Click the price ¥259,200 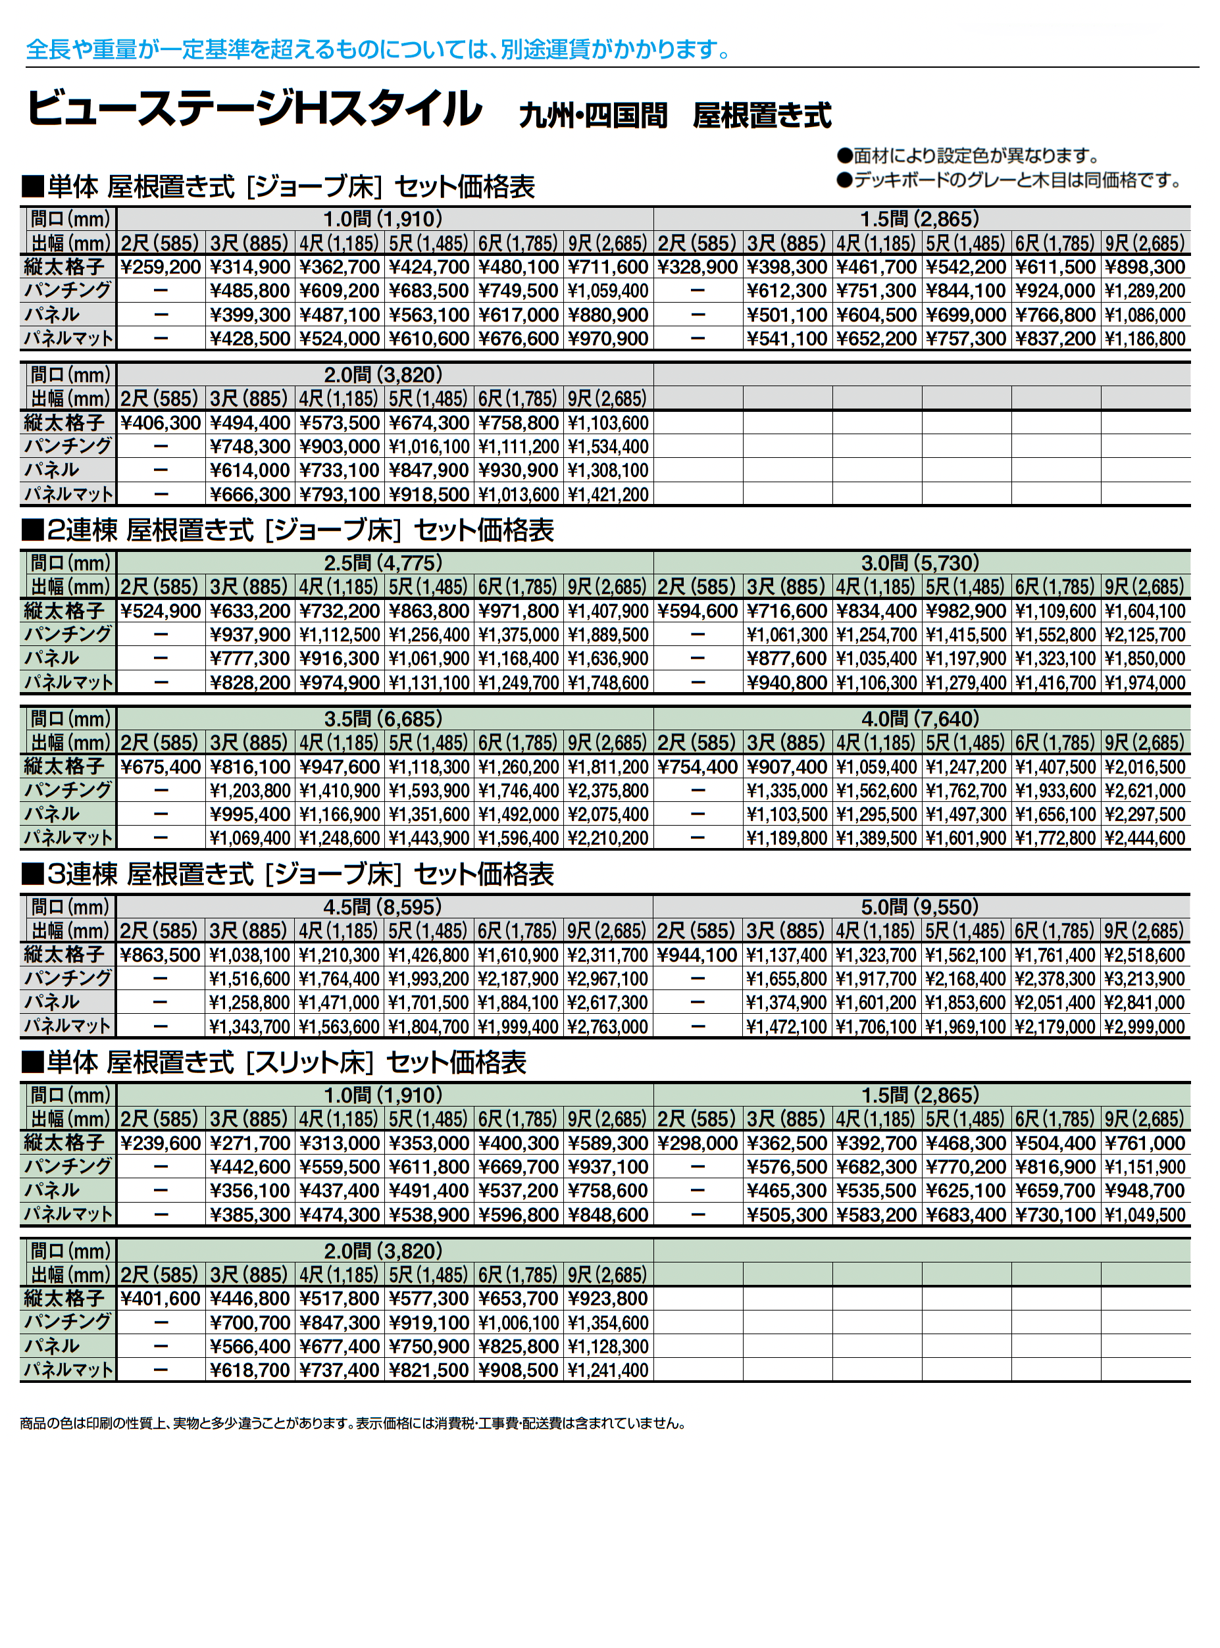[x=161, y=267]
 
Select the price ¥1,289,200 [x=1146, y=291]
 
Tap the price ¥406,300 [x=161, y=423]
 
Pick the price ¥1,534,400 [x=608, y=447]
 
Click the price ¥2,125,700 [x=1146, y=635]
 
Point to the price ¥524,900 [x=161, y=611]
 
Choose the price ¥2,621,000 [x=1146, y=791]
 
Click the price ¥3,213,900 [x=1146, y=979]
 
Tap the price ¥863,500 [x=161, y=955]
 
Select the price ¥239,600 [x=161, y=1143]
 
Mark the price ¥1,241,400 [x=608, y=1371]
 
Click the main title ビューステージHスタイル [x=255, y=109]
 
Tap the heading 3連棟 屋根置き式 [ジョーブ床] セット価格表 [x=288, y=874]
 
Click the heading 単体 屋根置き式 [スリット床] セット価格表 [x=274, y=1062]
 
